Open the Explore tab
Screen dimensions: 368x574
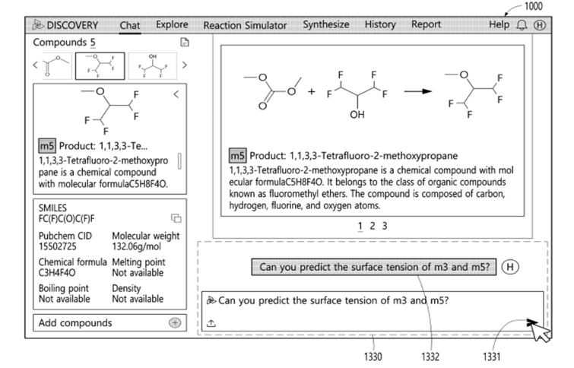coord(172,25)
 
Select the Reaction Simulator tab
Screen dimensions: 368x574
coord(245,25)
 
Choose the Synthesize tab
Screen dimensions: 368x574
coord(326,25)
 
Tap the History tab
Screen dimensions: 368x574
coord(380,25)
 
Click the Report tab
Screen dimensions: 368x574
coord(426,25)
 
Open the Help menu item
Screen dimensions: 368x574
coord(499,25)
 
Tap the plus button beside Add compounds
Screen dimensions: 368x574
coord(174,322)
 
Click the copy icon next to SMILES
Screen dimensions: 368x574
coord(176,218)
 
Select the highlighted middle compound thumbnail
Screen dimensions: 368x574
coord(100,66)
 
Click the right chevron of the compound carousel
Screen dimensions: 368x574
coord(185,65)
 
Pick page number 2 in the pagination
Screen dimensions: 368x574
coord(373,225)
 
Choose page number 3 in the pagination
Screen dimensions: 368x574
coord(385,225)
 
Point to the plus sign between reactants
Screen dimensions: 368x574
coord(311,91)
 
